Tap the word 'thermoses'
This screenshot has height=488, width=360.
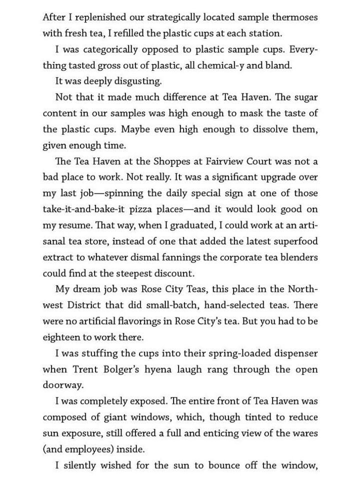click(x=294, y=17)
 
